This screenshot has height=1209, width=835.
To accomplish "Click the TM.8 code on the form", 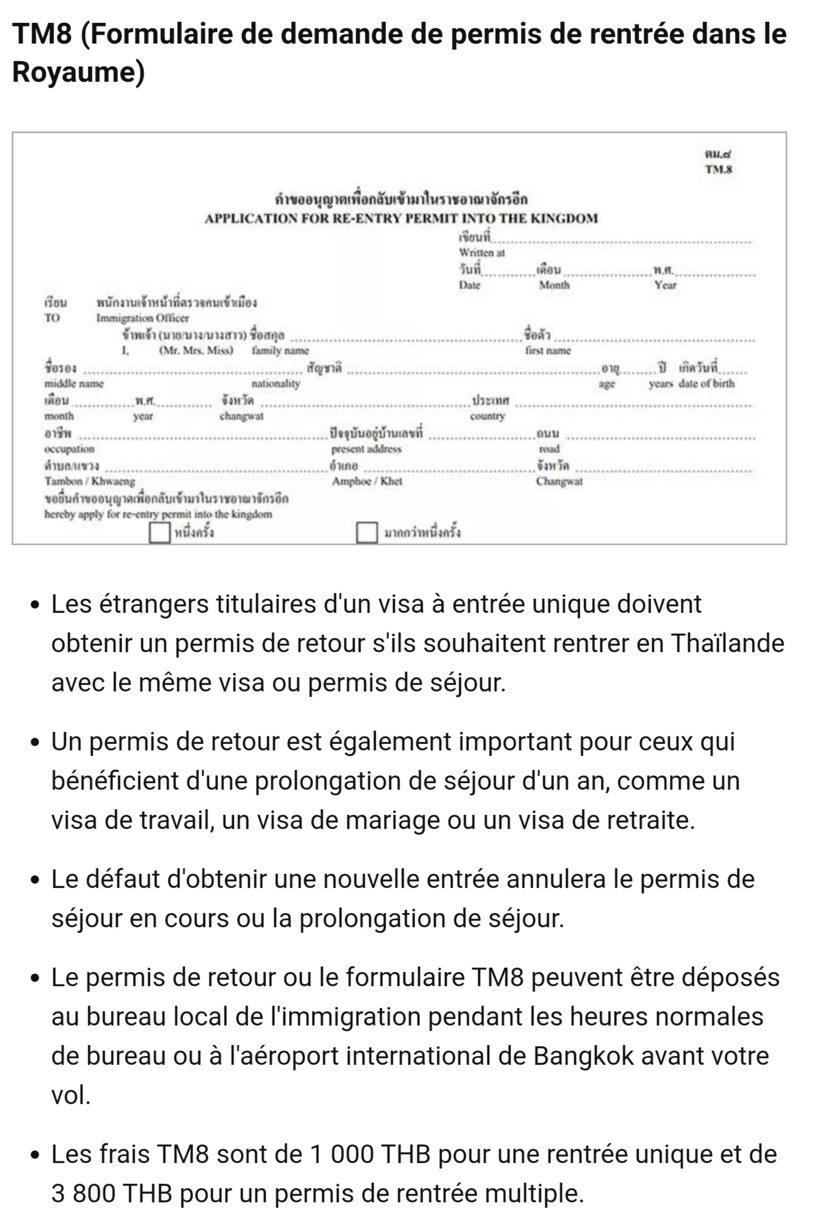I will pos(718,169).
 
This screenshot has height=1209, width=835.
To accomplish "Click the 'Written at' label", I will pos(482,253).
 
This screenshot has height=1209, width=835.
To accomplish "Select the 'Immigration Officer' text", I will pos(142,318).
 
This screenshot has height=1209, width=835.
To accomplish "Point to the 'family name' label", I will pos(280,351).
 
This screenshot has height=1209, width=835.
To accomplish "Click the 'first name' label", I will pos(548,351).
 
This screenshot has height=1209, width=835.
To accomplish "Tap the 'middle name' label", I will pos(74,384).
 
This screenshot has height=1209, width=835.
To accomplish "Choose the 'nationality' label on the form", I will pos(276,384).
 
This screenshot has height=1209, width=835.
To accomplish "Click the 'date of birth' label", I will pos(706,384).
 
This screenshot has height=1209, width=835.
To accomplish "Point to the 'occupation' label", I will pos(69,449).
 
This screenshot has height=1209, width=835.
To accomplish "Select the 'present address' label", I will pos(366,449).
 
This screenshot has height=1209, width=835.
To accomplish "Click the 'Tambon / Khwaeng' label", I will pos(89,481).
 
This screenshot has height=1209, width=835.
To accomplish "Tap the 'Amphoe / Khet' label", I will pos(367,481).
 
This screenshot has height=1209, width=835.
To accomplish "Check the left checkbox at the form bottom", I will pos(159,533).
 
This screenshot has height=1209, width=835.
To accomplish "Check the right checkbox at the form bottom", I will pos(367,533).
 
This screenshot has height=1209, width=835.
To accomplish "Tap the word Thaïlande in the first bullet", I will pos(727,644).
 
